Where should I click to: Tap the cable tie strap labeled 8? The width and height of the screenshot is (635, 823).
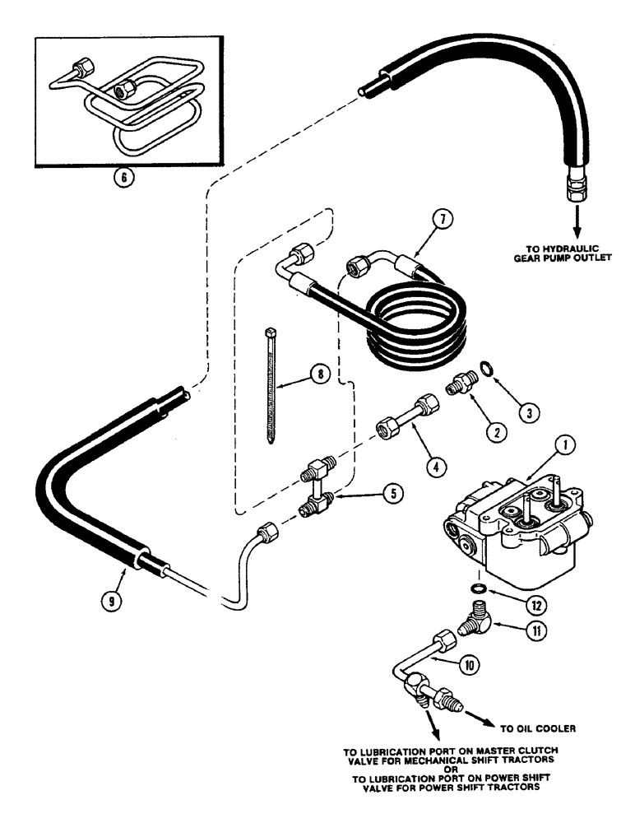[271, 386]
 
